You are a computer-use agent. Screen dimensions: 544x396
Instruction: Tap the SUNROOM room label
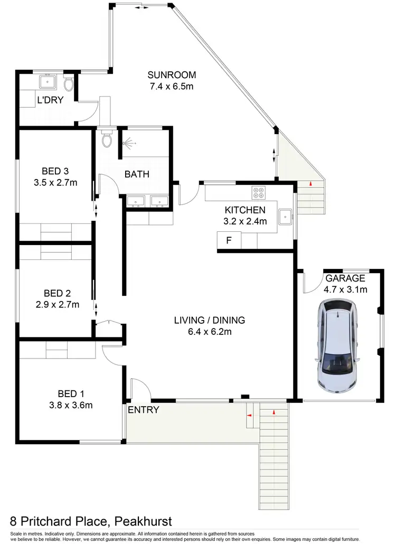coord(172,74)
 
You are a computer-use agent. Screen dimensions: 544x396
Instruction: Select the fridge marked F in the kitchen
coord(229,240)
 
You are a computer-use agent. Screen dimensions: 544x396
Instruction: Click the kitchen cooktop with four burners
coord(260,192)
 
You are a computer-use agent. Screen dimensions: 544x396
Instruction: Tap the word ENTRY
coord(144,410)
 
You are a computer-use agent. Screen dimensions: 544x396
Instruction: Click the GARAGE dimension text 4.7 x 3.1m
coord(346,289)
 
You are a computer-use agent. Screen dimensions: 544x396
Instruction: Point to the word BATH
coord(137,174)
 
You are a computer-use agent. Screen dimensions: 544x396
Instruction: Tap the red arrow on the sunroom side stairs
coord(311,183)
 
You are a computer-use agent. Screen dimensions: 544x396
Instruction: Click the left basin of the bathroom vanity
coord(136,201)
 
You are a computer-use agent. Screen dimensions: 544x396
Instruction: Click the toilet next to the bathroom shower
coord(107,140)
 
